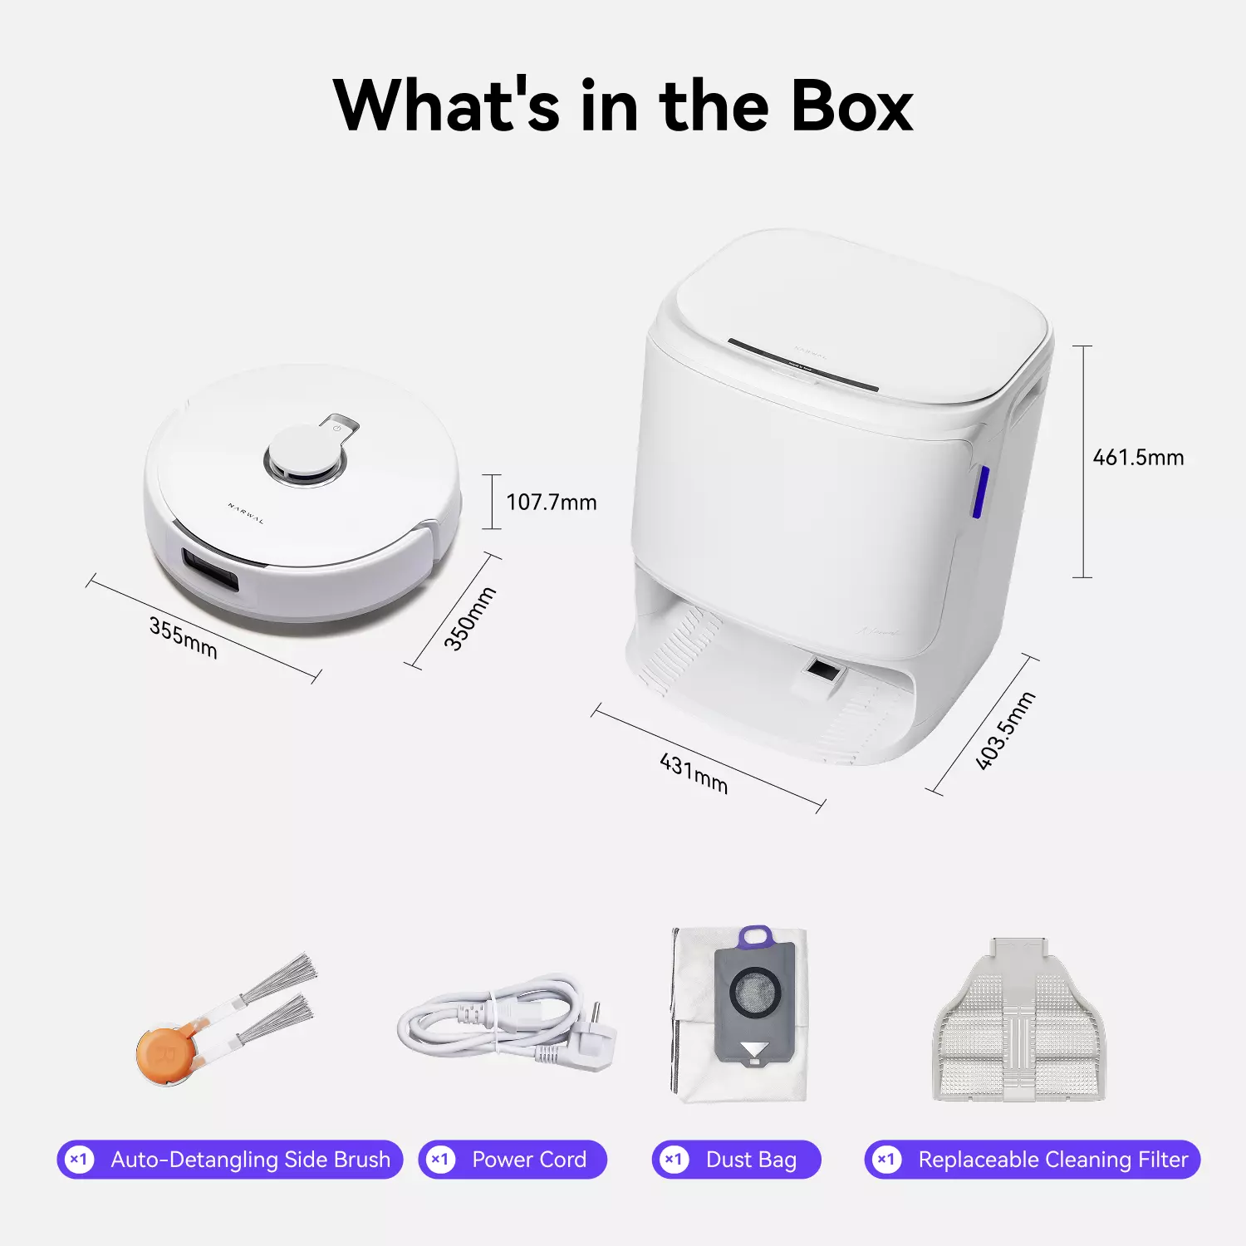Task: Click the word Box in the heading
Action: (x=851, y=106)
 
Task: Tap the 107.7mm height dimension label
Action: (x=551, y=503)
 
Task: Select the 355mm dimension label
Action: (x=183, y=638)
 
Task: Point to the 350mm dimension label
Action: (x=469, y=618)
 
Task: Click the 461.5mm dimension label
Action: (x=1137, y=458)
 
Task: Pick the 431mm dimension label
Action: (x=694, y=774)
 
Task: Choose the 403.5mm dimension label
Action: (x=1005, y=731)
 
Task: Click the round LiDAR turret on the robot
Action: (x=303, y=455)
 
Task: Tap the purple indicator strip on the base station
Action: (x=980, y=492)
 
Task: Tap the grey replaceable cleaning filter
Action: (x=1019, y=1026)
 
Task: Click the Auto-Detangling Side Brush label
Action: (x=250, y=1160)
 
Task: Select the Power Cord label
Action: (x=528, y=1160)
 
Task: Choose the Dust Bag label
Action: (x=751, y=1160)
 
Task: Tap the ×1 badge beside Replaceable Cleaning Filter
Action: (x=886, y=1160)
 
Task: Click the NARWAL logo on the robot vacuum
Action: (x=246, y=513)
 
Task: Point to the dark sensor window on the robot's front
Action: (x=211, y=571)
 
